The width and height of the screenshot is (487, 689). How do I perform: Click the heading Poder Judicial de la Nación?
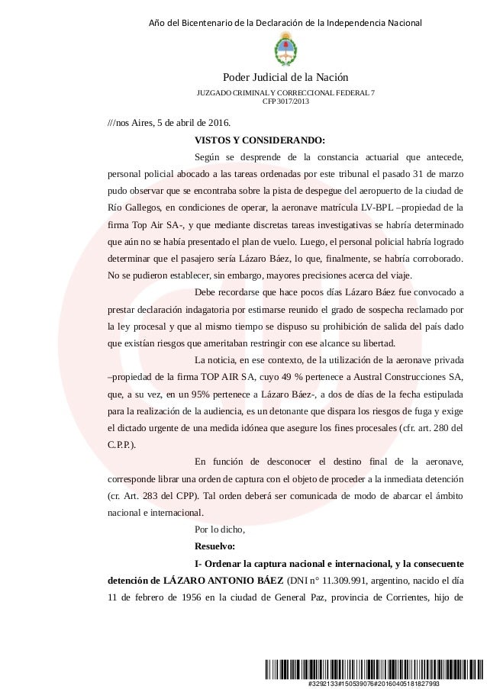[285, 78]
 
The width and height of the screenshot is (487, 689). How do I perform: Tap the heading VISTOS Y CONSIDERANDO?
[260, 140]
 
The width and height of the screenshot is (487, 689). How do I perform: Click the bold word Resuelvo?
[216, 546]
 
